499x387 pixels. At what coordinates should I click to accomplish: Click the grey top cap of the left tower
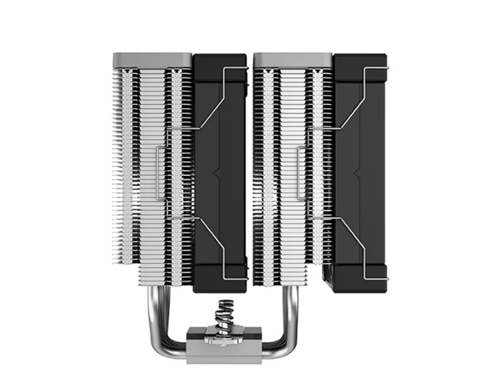pos(152,60)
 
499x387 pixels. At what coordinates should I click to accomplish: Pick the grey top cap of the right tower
pos(293,60)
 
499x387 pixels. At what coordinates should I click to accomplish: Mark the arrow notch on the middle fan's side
pos(218,174)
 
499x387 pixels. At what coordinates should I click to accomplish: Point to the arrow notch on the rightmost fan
pos(358,174)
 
